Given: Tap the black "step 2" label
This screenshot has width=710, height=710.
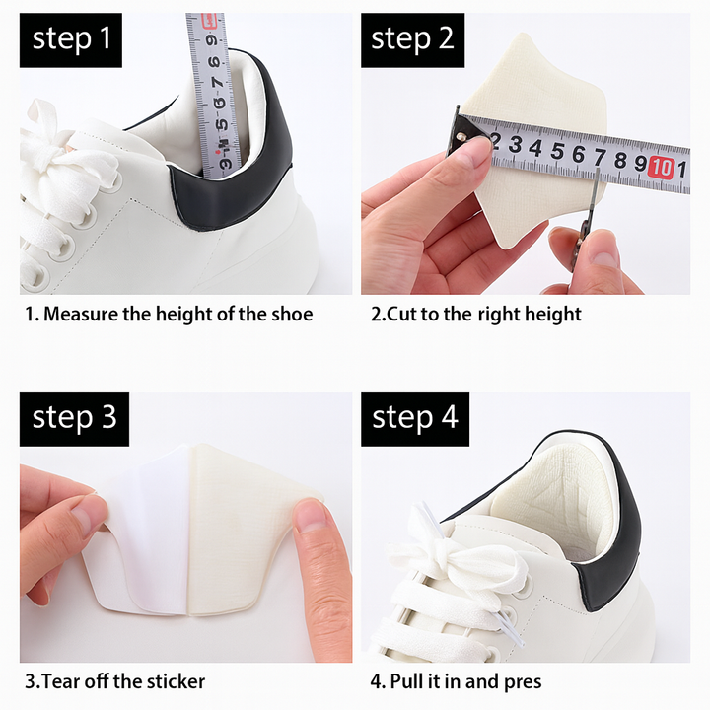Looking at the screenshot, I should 412,39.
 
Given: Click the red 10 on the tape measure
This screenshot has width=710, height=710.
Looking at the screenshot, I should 662,167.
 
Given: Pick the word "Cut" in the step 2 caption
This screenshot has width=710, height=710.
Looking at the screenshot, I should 400,315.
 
